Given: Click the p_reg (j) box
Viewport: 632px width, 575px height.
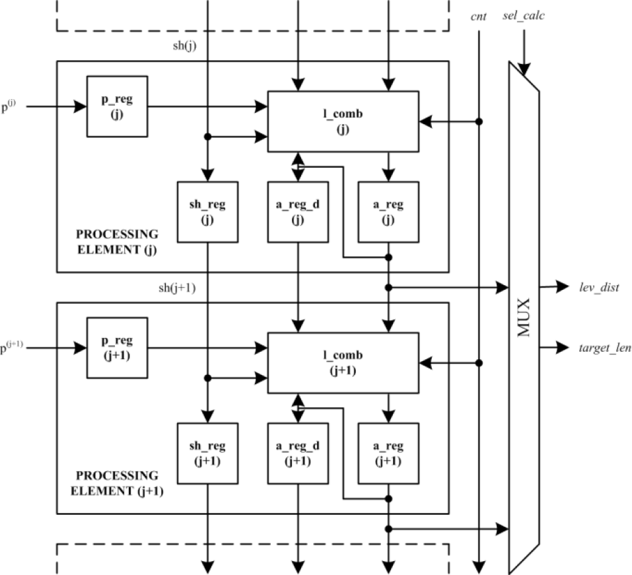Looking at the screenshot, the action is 118,106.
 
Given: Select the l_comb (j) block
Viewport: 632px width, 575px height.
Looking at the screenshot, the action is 343,121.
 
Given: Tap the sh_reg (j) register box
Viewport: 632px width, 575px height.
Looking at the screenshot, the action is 207,212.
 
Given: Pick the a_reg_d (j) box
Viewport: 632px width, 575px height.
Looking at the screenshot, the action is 298,212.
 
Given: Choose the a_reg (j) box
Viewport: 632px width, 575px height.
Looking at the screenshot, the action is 388,212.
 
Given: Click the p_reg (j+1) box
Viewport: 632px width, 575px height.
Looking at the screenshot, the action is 118,348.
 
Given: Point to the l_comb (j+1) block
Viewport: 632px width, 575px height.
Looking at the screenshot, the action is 343,362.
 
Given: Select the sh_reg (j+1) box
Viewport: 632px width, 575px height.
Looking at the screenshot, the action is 207,454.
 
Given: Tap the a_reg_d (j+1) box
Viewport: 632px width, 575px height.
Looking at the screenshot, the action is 298,454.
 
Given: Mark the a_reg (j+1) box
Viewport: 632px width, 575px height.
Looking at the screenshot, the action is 388,454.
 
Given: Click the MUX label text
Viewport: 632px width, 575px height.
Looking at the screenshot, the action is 524,318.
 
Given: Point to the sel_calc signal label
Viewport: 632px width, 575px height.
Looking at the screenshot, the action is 524,16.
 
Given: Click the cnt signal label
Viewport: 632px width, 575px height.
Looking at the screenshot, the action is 478,17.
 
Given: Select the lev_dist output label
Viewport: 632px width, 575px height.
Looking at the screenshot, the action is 599,287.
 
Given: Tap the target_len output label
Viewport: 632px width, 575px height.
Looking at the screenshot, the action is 605,348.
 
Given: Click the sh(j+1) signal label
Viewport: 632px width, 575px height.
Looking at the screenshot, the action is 178,288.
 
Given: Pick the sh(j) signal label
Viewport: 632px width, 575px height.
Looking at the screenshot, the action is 185,46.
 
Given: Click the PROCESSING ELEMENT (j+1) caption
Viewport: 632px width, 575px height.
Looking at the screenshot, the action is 117,483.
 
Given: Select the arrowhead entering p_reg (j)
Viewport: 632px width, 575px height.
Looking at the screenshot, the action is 80,106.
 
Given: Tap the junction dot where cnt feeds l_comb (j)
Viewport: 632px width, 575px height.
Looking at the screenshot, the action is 479,121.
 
